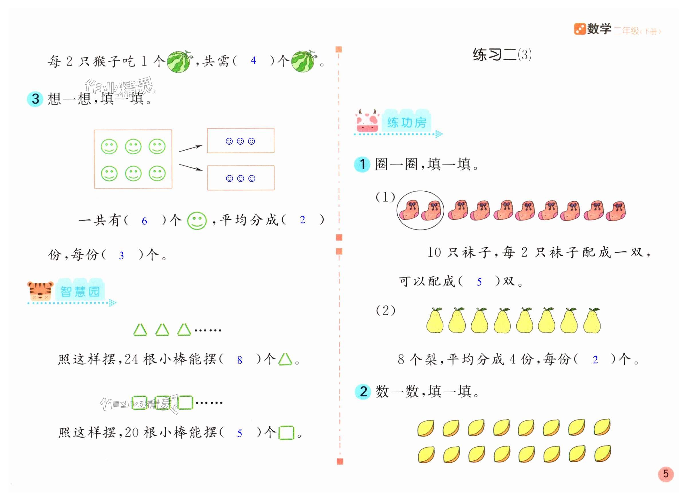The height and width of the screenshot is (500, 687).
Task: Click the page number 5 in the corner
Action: (666, 474)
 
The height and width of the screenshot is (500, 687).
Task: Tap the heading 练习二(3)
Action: (502, 55)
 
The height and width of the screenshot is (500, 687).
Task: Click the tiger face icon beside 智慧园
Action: (40, 290)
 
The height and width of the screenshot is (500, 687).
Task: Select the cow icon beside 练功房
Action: (367, 121)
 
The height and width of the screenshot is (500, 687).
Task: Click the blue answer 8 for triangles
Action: (239, 360)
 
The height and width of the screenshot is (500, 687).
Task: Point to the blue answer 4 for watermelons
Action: (253, 61)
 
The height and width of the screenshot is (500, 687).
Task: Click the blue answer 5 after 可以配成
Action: (479, 282)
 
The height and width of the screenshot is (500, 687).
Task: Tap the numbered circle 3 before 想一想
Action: (35, 99)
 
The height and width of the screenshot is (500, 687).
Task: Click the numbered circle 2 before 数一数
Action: (363, 391)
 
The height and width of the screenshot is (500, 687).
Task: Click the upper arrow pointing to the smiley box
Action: (190, 148)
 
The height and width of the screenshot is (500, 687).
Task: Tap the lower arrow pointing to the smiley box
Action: (190, 167)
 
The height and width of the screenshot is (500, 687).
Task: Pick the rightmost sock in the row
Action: (616, 211)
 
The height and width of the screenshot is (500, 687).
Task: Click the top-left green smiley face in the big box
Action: (109, 147)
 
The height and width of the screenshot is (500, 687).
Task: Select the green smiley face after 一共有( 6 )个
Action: (197, 221)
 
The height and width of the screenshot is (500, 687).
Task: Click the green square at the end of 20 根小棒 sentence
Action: (286, 433)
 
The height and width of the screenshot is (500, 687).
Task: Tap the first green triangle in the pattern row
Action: (140, 330)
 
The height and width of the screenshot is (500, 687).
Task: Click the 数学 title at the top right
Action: (599, 29)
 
